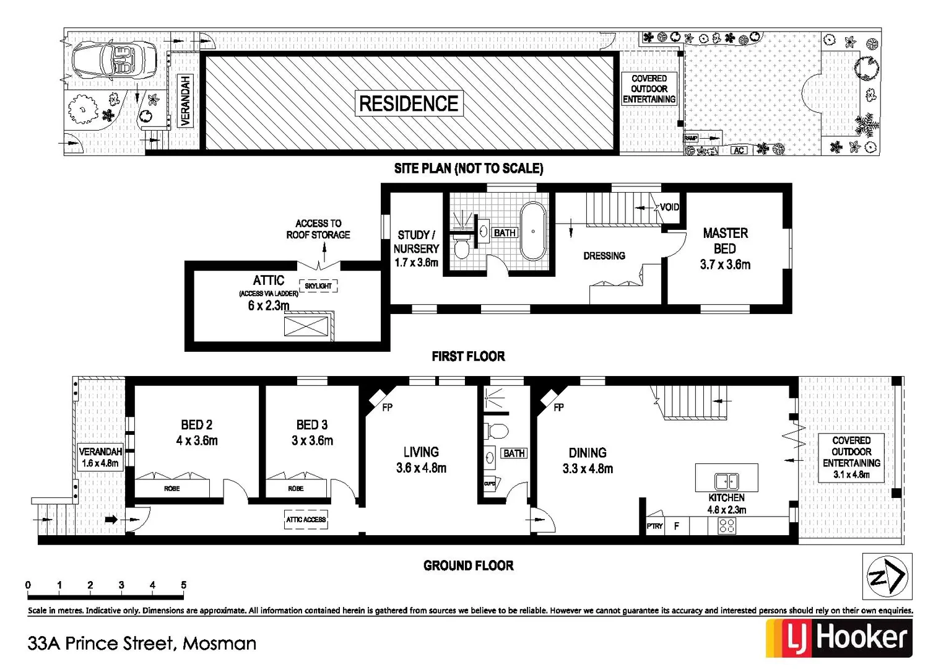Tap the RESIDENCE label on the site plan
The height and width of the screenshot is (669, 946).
coord(409,103)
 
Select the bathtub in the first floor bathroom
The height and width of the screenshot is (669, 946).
coord(532,232)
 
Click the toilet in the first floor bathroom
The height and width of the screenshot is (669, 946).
coord(461,248)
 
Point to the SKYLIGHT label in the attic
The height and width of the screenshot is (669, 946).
coord(318,286)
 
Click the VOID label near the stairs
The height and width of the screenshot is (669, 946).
coord(669,207)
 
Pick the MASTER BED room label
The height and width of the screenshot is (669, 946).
coord(725,241)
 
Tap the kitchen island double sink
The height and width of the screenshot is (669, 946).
coord(726,481)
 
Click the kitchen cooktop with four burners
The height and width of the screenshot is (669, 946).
coord(727,526)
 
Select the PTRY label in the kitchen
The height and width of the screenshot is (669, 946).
coord(654,526)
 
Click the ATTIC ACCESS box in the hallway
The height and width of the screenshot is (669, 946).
coord(306,520)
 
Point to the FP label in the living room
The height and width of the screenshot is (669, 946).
coord(387,408)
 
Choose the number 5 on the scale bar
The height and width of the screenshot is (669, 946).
coord(183,585)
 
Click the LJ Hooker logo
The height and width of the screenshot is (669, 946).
coord(839,638)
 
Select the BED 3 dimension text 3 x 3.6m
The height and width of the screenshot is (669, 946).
coord(312,441)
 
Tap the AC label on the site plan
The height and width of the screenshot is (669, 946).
coord(739,151)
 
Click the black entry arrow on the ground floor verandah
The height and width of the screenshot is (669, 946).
coord(111,520)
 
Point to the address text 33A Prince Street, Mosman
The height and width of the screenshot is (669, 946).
coord(142,644)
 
